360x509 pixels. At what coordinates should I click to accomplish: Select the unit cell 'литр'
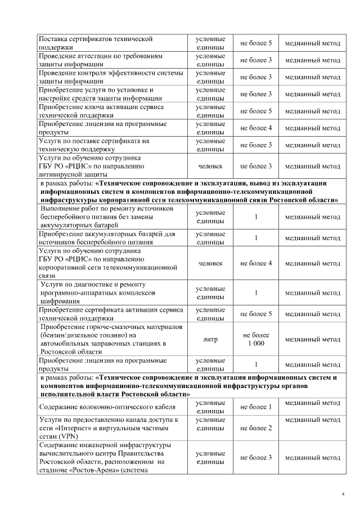point(210,339)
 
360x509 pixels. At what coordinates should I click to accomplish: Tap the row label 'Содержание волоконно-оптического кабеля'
point(107,407)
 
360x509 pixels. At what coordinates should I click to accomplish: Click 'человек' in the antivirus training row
point(210,166)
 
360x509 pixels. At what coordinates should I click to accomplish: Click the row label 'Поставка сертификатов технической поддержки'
point(96,43)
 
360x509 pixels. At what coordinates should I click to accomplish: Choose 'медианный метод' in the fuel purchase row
point(312,339)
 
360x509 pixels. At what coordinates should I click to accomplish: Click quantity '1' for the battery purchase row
point(256,238)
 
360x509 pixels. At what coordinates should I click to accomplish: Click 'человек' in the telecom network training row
point(210,263)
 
